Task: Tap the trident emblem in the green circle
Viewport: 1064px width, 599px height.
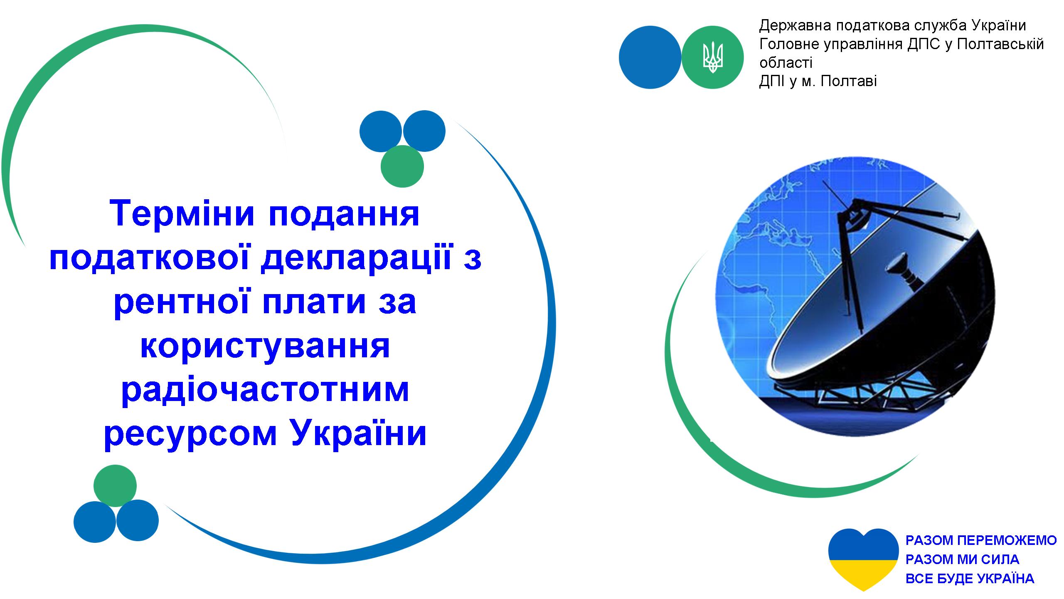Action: (713, 57)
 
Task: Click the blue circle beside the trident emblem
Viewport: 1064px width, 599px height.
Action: (650, 57)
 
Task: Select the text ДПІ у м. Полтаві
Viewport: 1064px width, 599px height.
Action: (818, 81)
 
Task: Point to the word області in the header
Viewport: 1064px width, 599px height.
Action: (786, 63)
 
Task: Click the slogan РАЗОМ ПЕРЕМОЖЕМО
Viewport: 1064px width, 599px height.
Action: (981, 540)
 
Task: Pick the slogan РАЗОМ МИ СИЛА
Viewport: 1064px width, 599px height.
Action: (962, 559)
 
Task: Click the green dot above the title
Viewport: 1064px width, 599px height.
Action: (402, 166)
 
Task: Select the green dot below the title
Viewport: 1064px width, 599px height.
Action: (115, 486)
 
